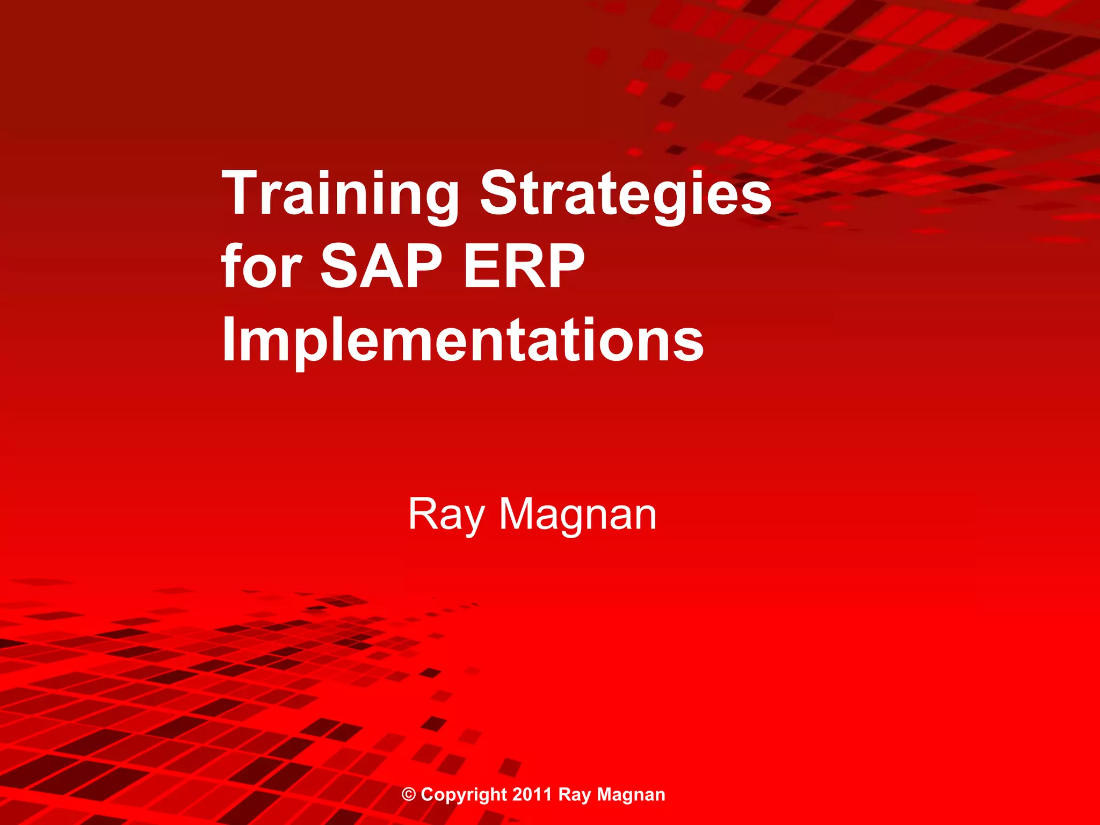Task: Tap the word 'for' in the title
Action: click(262, 266)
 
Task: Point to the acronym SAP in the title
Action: click(381, 266)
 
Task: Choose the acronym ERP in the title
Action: click(524, 266)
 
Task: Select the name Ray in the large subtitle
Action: click(446, 515)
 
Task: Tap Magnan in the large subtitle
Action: click(578, 515)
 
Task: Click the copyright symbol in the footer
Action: click(409, 794)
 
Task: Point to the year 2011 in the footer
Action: click(532, 794)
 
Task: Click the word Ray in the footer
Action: click(574, 794)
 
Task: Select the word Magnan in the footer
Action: click(631, 794)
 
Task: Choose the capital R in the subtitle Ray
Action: click(423, 514)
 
